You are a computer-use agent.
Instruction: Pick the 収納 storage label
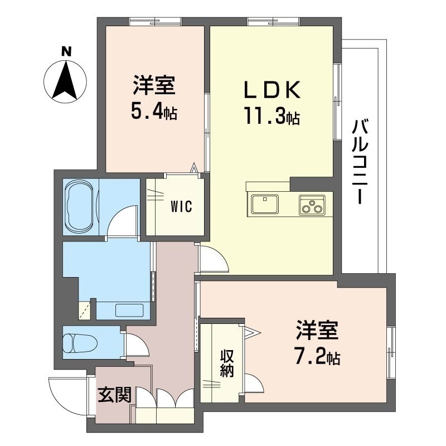[226, 363]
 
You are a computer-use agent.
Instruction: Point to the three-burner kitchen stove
[312, 205]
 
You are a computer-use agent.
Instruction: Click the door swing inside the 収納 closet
[254, 384]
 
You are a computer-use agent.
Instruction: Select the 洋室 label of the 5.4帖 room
[154, 86]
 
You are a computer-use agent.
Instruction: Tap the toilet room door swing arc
[134, 345]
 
